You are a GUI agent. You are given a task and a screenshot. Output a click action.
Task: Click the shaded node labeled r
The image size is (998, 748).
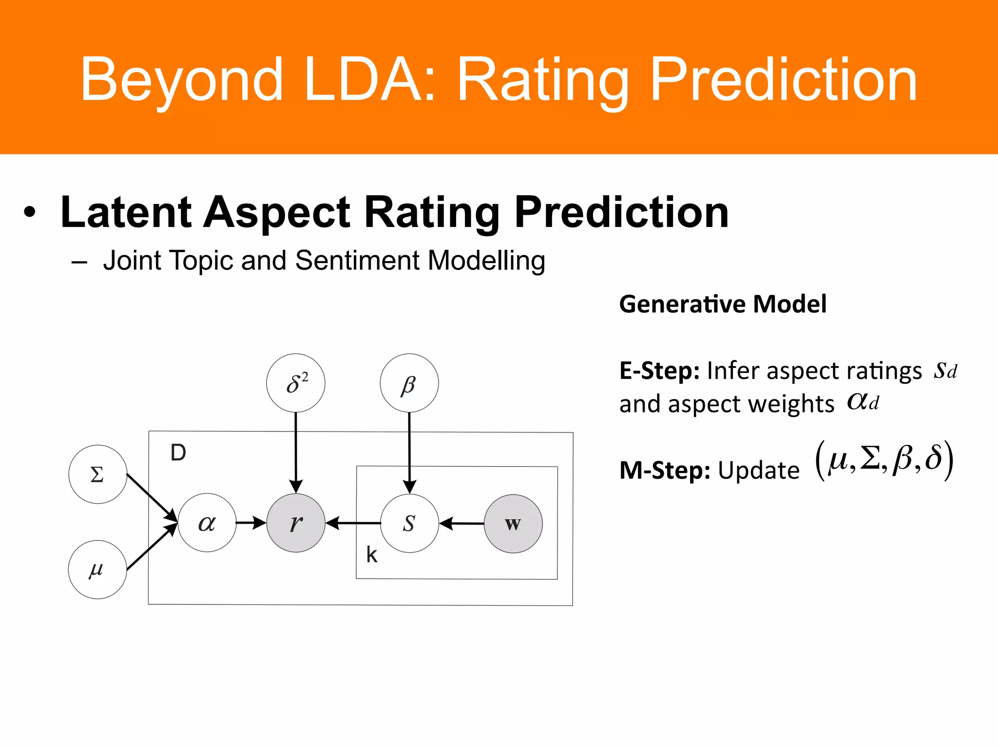(x=296, y=523)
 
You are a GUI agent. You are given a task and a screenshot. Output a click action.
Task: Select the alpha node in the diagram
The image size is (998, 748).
(x=207, y=523)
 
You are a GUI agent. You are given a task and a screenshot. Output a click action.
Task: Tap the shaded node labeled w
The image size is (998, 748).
(x=513, y=524)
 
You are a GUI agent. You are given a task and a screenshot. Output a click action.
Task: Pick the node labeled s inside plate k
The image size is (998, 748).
(x=409, y=524)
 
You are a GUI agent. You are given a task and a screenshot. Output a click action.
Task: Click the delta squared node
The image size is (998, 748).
(x=296, y=383)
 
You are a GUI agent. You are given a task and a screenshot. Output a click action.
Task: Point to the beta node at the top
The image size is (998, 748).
(x=409, y=383)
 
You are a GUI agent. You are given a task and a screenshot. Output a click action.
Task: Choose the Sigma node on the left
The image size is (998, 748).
(x=97, y=474)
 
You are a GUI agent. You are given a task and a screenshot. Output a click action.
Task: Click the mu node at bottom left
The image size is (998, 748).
(x=97, y=569)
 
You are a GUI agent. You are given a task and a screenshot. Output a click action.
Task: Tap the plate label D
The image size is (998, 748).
(x=178, y=453)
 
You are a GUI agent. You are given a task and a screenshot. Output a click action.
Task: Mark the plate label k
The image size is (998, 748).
(x=372, y=555)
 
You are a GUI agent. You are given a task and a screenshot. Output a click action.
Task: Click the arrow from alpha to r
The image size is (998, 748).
(x=251, y=523)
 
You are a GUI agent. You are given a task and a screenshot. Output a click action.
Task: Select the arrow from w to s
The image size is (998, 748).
(x=461, y=524)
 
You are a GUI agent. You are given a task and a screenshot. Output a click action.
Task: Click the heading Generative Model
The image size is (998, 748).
(x=723, y=304)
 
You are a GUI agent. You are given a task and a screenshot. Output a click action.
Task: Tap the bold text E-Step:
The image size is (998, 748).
(x=659, y=371)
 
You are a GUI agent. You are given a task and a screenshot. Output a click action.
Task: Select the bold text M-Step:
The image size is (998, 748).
(x=665, y=471)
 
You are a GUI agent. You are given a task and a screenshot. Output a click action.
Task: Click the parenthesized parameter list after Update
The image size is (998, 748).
(x=884, y=460)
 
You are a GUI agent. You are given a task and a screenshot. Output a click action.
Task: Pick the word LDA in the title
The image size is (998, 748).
(x=368, y=80)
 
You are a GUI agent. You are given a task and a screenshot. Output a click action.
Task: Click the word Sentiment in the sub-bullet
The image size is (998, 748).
(x=357, y=261)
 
